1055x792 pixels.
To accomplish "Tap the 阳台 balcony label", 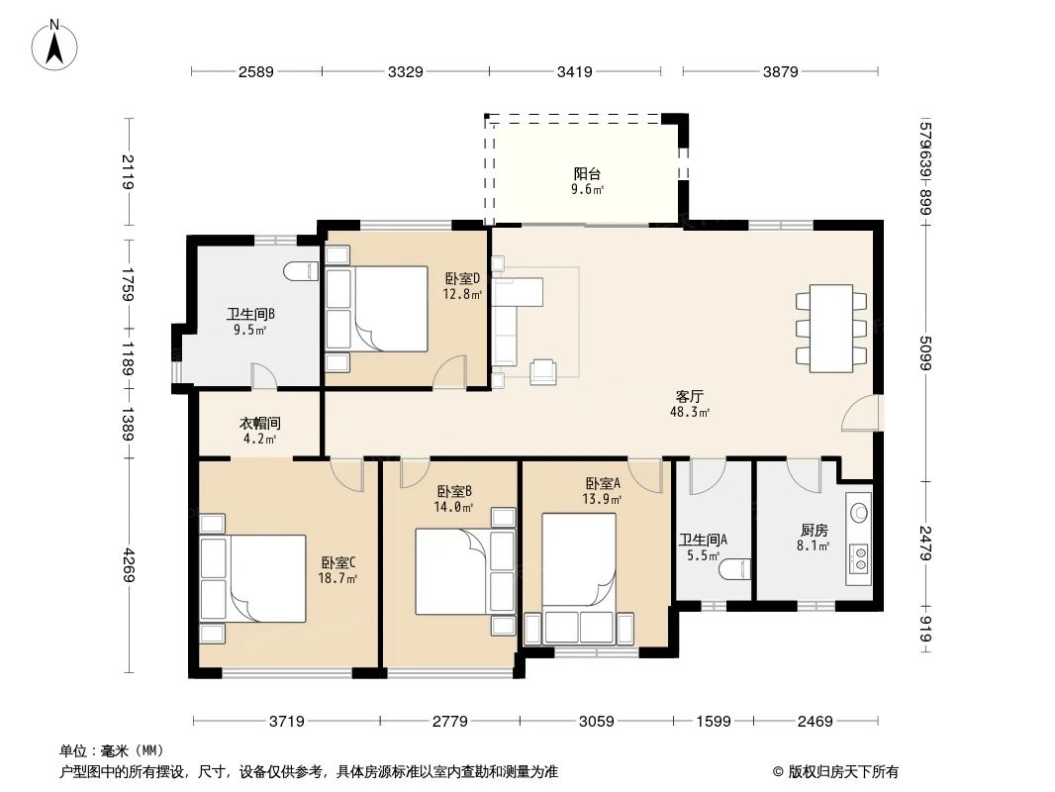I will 587,174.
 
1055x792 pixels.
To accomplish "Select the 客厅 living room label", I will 689,396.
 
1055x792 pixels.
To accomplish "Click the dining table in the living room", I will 830,328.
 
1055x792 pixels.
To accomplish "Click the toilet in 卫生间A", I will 733,570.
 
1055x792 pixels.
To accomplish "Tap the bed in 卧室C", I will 264,578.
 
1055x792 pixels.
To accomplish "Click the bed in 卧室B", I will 452,571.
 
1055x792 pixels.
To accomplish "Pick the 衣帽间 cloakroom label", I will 260,423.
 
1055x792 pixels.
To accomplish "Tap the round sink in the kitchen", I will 859,513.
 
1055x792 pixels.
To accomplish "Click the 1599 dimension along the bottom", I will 713,721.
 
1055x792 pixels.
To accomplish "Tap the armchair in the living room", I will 543,371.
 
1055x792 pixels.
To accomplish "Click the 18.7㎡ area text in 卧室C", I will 337,578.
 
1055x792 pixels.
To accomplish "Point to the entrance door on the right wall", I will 859,414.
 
